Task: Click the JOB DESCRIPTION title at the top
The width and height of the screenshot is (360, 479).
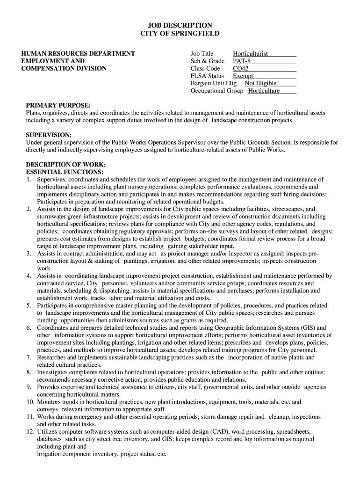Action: point(180,25)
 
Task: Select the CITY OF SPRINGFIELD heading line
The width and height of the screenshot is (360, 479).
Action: point(180,34)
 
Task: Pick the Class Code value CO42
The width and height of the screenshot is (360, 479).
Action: point(241,69)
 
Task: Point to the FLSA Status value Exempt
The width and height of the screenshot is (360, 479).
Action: point(243,76)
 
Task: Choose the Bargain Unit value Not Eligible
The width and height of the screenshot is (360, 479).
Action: point(260,83)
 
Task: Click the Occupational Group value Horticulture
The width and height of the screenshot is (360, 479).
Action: point(264,91)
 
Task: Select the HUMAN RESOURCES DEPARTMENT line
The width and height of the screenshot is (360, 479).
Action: point(78,54)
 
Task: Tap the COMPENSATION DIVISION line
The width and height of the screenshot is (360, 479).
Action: point(64,68)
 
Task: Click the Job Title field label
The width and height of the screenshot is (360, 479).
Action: point(202,54)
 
